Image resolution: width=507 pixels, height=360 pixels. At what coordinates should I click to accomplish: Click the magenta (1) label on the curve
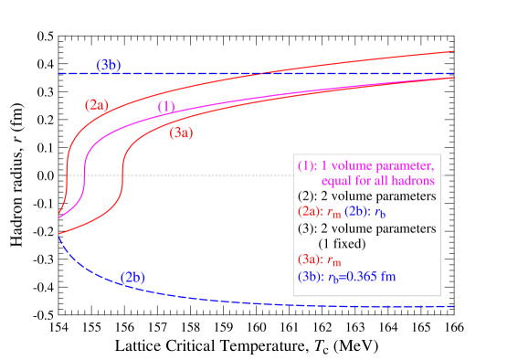[166, 107]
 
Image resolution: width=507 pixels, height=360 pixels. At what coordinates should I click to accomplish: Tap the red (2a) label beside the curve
[97, 105]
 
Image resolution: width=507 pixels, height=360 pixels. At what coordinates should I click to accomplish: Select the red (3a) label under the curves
[181, 132]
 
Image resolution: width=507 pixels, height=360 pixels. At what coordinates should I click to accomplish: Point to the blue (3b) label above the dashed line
[109, 65]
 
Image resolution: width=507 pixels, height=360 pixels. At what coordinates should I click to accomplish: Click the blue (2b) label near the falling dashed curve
[132, 277]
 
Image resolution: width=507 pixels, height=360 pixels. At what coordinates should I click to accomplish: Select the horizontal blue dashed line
[365, 73]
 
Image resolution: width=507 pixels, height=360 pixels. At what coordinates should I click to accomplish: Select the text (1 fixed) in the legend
[342, 244]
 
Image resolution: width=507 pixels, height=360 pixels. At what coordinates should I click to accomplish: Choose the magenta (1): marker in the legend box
[308, 166]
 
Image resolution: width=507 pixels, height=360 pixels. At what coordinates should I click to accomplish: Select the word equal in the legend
[336, 181]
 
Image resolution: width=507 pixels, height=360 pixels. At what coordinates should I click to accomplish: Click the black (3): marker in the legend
[308, 228]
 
